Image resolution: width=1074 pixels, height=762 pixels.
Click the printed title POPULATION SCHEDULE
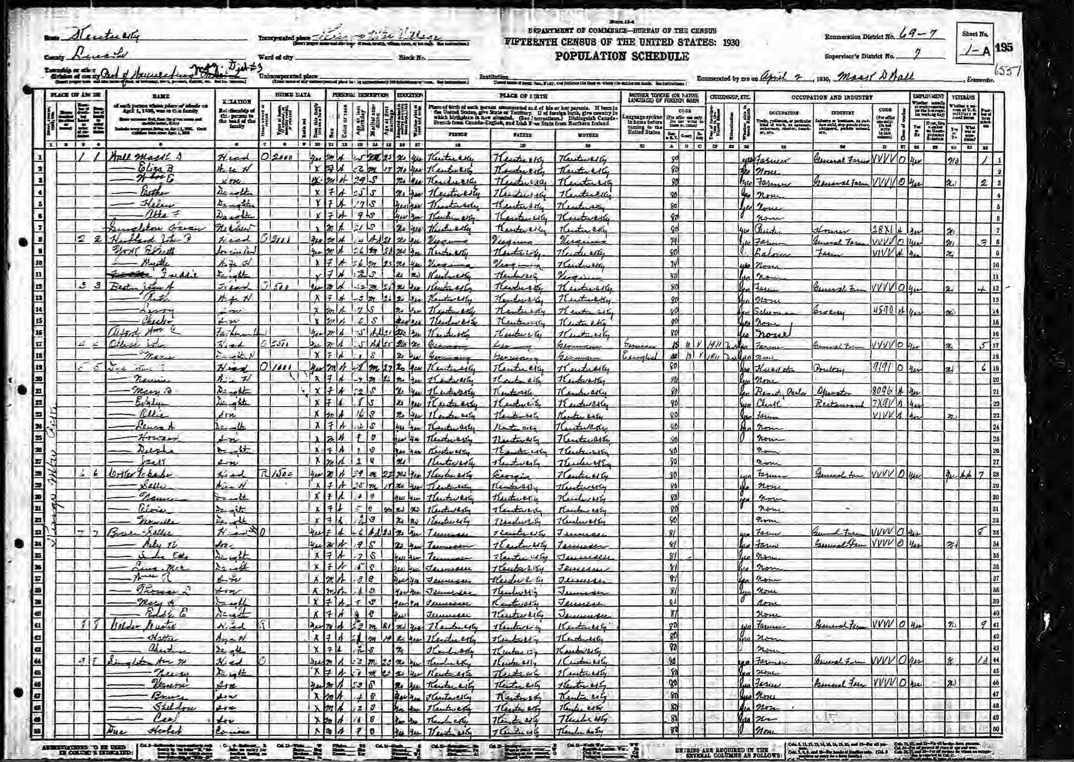tap(622, 56)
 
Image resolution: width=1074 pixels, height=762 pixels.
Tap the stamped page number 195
tap(1004, 48)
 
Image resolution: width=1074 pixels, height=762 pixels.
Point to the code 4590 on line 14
tap(881, 312)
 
